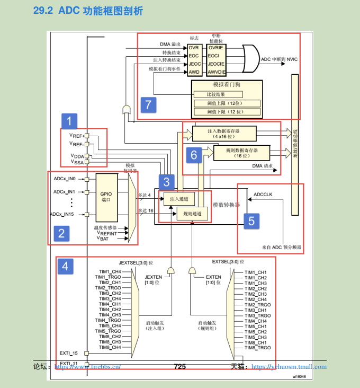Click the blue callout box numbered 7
[x=149, y=104]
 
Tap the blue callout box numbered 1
[x=68, y=121]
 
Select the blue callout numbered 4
[x=65, y=266]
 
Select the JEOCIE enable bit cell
[x=217, y=63]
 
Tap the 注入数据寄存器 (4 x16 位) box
[x=224, y=133]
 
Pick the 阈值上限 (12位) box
[x=226, y=103]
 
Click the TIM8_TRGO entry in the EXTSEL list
[x=258, y=348]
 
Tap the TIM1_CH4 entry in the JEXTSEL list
[x=110, y=271]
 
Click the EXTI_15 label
[x=68, y=352]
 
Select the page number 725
[x=180, y=366]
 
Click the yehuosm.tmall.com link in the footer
[x=289, y=367]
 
